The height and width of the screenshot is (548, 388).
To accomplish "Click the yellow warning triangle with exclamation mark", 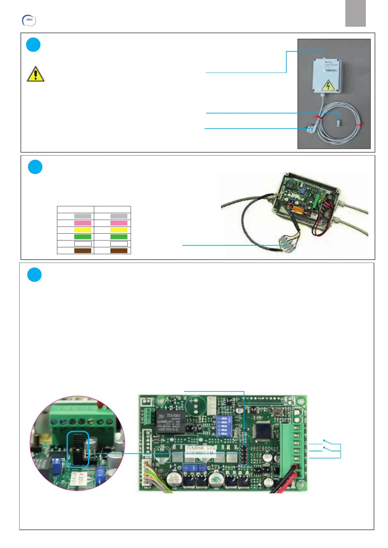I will pyautogui.click(x=35, y=74).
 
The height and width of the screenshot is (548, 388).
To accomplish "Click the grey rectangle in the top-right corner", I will pyautogui.click(x=355, y=13).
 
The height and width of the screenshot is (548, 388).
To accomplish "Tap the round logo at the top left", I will pyautogui.click(x=29, y=20).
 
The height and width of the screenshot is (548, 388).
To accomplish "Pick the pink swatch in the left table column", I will pyautogui.click(x=83, y=223).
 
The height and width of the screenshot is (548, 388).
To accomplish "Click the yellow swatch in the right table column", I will pyautogui.click(x=119, y=230).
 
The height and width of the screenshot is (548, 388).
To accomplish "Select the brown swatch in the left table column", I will pyautogui.click(x=83, y=251).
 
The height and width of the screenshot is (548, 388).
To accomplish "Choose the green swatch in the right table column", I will pyautogui.click(x=119, y=237).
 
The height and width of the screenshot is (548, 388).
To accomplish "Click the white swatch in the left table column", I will pyautogui.click(x=83, y=244).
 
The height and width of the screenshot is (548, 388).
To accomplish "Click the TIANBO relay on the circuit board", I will pyautogui.click(x=171, y=422).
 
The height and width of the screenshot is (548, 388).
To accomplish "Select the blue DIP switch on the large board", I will pyautogui.click(x=223, y=426).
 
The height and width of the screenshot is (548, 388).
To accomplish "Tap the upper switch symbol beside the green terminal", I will pyautogui.click(x=327, y=442).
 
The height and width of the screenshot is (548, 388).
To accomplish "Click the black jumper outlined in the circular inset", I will pyautogui.click(x=78, y=449).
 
